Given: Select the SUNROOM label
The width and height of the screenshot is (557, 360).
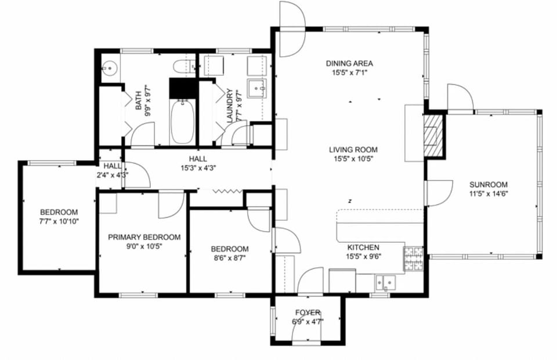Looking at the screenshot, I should click(489, 185).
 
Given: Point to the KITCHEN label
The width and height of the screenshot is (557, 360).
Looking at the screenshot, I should click(363, 246).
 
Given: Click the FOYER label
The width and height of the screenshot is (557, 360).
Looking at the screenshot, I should click(308, 313).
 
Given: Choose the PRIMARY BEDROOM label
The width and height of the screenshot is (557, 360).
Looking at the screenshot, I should click(144, 237).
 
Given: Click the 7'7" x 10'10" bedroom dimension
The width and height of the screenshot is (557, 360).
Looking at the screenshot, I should click(59, 221).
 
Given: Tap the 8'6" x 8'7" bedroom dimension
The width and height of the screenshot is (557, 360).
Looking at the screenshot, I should click(229, 259).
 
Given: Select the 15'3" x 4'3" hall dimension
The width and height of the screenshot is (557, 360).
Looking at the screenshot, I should click(197, 168).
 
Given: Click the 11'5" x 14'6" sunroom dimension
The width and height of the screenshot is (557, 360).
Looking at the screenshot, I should click(489, 194).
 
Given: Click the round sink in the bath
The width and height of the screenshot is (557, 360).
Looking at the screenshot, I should click(108, 68).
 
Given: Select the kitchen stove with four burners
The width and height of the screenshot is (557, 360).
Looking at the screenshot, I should click(413, 259).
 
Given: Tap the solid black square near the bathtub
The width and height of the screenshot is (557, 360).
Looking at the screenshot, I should click(180, 89).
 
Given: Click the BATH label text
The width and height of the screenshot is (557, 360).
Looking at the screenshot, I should click(139, 100).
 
